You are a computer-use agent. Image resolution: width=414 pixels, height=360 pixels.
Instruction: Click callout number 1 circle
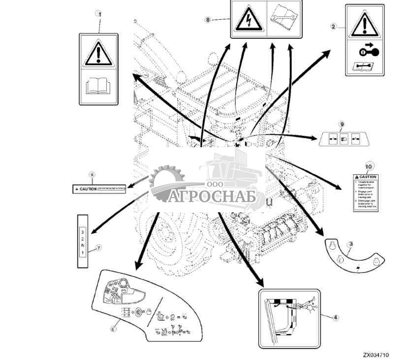[100, 14]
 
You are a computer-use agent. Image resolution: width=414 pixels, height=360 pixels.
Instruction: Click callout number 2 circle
[334, 26]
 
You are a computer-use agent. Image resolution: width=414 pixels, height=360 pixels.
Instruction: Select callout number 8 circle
[207, 19]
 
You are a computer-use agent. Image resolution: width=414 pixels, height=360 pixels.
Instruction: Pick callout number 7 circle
[98, 248]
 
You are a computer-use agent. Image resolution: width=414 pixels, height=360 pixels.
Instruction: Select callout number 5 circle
[113, 328]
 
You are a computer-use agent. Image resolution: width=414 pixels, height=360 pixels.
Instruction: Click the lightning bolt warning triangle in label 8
[249, 20]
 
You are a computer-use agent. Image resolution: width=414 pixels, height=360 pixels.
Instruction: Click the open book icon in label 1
[98, 87]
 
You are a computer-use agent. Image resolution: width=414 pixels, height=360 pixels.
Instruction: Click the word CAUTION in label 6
[88, 189]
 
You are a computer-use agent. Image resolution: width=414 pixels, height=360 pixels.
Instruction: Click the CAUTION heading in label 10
[367, 177]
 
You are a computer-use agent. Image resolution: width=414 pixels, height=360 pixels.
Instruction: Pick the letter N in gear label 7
[83, 245]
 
